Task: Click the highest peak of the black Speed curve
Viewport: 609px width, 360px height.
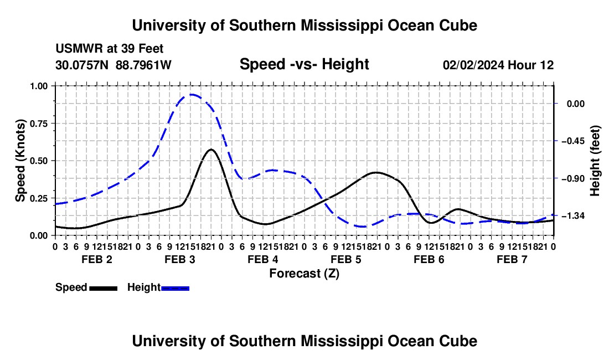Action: pos(211,150)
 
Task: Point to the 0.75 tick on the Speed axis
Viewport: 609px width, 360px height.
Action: pos(54,123)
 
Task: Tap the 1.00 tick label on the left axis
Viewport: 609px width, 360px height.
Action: pos(39,86)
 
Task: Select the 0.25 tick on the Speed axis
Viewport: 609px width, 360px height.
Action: pos(54,198)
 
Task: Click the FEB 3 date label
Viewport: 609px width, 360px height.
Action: pos(180,259)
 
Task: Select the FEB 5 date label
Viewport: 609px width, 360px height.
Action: pos(345,259)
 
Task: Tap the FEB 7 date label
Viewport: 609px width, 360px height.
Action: pos(512,259)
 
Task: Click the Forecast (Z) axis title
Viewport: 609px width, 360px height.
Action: pos(304,274)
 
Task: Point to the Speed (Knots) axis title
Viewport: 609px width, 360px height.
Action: pos(20,161)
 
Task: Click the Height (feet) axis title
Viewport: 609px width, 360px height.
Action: pos(595,161)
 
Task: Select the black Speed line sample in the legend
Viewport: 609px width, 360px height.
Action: pos(104,288)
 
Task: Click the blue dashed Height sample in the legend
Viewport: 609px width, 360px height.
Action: pos(175,288)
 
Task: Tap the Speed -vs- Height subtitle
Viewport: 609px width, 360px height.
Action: pos(304,64)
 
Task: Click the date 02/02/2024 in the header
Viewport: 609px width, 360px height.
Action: pos(473,65)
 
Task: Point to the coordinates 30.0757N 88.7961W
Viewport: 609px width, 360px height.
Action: pos(113,65)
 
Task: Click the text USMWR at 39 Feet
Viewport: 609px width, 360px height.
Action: pos(110,49)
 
